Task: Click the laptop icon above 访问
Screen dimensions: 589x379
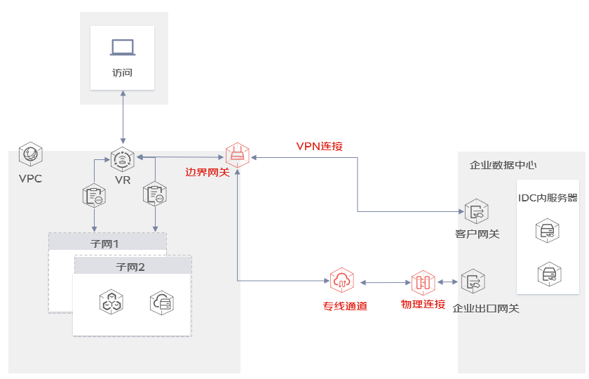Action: (x=123, y=48)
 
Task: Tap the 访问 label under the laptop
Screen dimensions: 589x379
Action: (x=123, y=72)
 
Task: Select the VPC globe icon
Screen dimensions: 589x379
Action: (x=31, y=154)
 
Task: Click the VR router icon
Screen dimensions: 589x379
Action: (x=123, y=159)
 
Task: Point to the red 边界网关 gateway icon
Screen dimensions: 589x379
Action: (x=238, y=155)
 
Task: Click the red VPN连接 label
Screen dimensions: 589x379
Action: (x=319, y=146)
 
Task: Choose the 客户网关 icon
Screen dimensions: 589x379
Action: (x=477, y=211)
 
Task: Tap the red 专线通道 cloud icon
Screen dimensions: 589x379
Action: (x=342, y=280)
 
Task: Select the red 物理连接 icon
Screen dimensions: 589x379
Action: (x=424, y=282)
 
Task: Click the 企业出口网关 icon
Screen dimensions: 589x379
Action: (x=473, y=281)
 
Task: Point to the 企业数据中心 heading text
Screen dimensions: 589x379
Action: (x=503, y=165)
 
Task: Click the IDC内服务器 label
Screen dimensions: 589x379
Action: (x=548, y=198)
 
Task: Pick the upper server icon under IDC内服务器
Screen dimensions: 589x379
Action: (x=548, y=230)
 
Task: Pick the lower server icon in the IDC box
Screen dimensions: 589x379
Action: (x=550, y=274)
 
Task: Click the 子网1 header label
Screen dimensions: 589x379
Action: (x=104, y=244)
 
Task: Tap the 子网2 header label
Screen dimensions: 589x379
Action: (x=130, y=267)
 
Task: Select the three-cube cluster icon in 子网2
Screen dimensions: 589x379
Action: (x=111, y=302)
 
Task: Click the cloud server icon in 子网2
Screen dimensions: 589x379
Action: (x=162, y=302)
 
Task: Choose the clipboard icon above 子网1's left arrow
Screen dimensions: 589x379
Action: (x=94, y=196)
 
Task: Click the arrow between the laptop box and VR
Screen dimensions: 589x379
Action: (x=123, y=117)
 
